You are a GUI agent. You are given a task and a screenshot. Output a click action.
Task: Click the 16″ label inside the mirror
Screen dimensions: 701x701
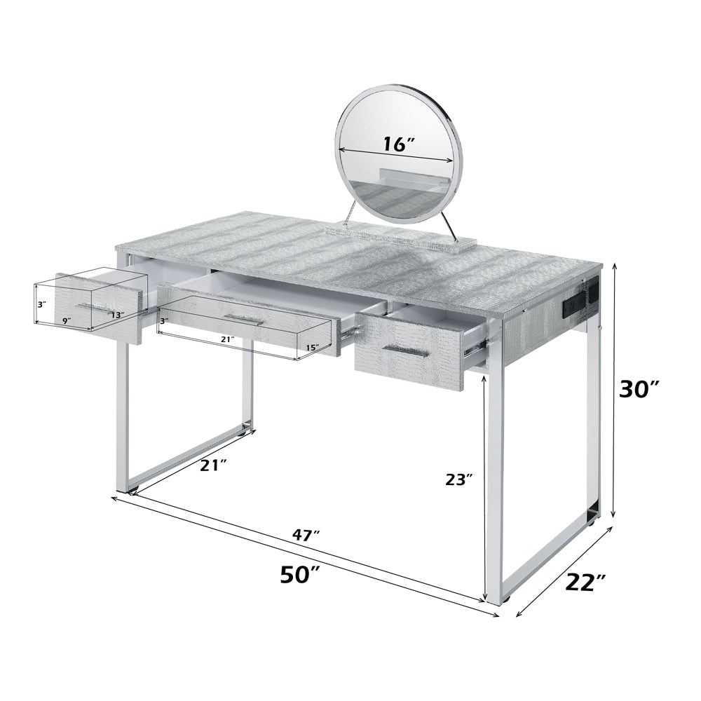[x=399, y=144]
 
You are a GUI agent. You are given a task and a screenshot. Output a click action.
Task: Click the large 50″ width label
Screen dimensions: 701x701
[x=300, y=575]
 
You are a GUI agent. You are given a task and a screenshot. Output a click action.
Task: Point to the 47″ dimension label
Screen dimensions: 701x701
[x=306, y=536]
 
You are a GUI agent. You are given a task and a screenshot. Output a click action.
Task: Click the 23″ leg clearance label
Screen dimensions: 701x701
[x=459, y=479]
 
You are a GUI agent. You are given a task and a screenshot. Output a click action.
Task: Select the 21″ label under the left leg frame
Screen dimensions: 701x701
[x=213, y=465]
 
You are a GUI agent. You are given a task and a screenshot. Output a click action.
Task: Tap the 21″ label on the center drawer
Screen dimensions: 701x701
[x=226, y=339]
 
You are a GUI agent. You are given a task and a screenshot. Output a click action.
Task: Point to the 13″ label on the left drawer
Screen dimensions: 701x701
[x=116, y=316]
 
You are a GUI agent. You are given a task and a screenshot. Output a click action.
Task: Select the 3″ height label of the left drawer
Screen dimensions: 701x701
[x=41, y=305]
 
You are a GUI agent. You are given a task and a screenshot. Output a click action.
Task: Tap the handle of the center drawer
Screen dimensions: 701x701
[x=245, y=319]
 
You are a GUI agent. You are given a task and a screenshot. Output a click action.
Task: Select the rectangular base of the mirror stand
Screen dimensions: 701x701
[x=401, y=233]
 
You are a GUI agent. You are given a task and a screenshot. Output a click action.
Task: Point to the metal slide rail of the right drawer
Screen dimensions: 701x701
[x=475, y=341]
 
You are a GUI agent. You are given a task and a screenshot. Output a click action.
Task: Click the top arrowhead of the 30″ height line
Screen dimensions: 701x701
[x=615, y=266]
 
